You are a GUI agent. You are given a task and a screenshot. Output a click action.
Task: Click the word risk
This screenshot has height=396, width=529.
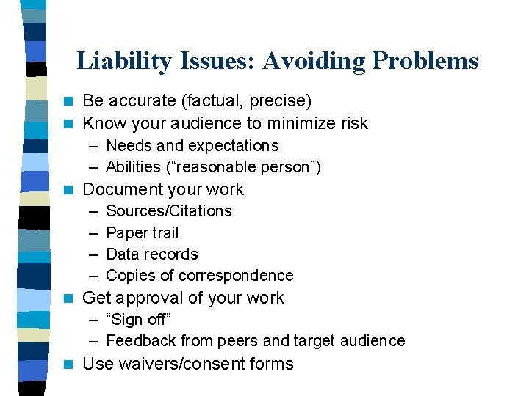(350, 123)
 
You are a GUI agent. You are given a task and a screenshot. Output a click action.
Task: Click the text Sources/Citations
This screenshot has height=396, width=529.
(169, 211)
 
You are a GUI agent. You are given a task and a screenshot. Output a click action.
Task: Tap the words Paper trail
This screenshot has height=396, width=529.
(143, 232)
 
